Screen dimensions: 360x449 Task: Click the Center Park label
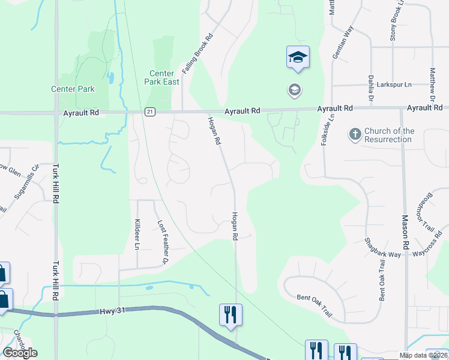73,89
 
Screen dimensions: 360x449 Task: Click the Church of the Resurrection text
389,135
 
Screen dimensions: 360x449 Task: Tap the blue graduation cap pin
298,58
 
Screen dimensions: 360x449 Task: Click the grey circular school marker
295,91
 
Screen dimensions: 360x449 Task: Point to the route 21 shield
149,112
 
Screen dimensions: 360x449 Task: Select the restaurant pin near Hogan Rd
231,315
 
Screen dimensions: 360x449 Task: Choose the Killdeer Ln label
137,234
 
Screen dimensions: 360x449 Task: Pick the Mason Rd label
405,232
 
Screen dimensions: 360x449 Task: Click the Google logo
20,353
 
